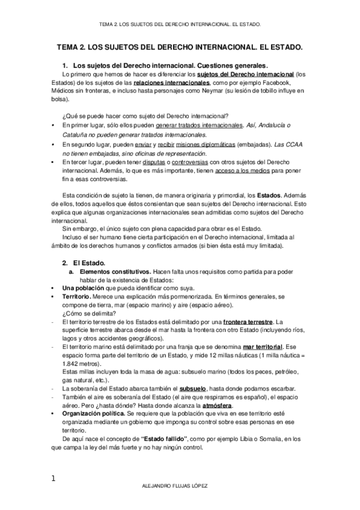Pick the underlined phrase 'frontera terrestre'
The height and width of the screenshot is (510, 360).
[248, 323]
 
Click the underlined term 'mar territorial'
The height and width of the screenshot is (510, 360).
[262, 348]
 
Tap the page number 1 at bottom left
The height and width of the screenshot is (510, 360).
[53, 478]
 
